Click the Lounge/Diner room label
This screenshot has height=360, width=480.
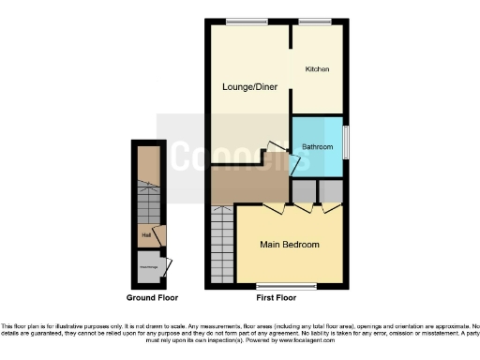pyautogui.click(x=247, y=87)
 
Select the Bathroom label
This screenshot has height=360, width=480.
pyautogui.click(x=317, y=147)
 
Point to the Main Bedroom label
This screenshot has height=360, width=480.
pyautogui.click(x=289, y=245)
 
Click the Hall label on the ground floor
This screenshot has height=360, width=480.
pyautogui.click(x=145, y=235)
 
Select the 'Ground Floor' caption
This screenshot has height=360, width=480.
pyautogui.click(x=153, y=297)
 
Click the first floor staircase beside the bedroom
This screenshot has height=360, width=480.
pyautogui.click(x=222, y=246)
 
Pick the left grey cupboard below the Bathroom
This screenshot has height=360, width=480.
pyautogui.click(x=303, y=190)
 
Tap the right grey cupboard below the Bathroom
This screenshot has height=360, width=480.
pyautogui.click(x=331, y=190)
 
